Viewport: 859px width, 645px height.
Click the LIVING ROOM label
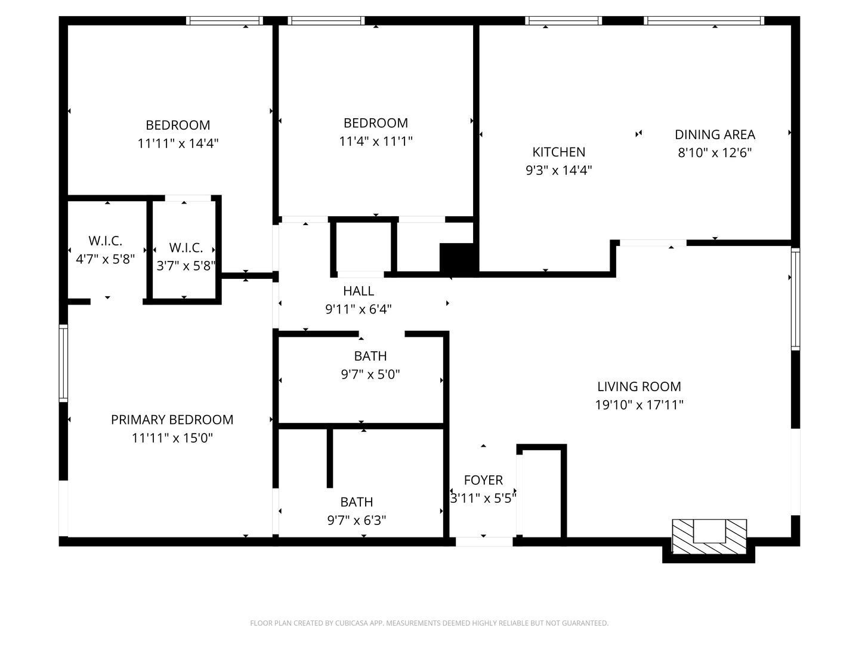coord(639,386)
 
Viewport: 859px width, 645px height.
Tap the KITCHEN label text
coord(558,152)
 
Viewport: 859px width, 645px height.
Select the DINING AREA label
coord(715,134)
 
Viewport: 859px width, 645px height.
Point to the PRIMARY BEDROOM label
coord(172,419)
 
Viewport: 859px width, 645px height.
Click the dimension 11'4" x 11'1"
coord(376,142)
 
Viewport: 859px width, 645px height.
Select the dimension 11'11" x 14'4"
coord(178,143)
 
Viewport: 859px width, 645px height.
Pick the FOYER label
coord(483,480)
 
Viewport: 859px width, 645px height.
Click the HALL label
coord(359,291)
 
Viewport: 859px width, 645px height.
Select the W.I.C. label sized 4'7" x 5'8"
coord(106,241)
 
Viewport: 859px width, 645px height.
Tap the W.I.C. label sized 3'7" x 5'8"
coord(186,247)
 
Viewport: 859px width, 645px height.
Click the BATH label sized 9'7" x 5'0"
coord(370,356)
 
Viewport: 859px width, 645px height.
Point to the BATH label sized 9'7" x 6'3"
coord(357,502)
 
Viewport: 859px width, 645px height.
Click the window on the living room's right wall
coord(795,299)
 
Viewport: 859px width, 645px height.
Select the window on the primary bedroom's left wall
coord(63,363)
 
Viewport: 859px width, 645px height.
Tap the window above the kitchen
coord(563,21)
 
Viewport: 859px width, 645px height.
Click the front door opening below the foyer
coord(484,542)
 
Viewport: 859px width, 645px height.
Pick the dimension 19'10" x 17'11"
coord(639,405)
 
